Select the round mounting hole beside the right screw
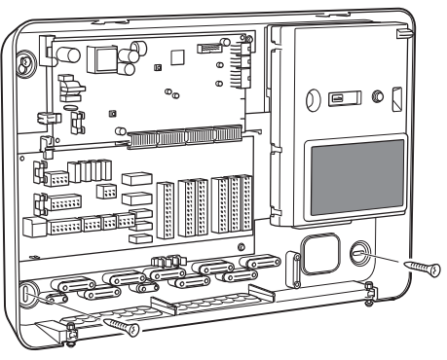pos(357,253)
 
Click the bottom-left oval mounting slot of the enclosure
pos(30,291)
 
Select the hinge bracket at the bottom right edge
pos(369,292)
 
